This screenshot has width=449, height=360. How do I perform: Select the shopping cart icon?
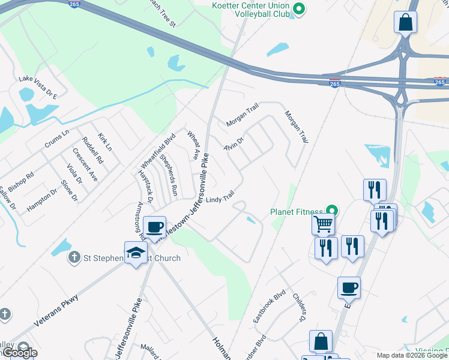click(323, 224)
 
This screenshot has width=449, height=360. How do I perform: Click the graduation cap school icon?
click(136, 253)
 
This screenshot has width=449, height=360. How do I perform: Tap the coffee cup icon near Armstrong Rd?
click(155, 227)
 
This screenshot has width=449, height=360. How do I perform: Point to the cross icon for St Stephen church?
click(74, 258)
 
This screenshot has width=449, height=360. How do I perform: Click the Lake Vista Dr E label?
click(37, 79)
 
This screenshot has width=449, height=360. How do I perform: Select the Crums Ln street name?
click(57, 140)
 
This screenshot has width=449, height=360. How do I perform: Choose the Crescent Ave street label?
click(85, 164)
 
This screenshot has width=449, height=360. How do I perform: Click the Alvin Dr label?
click(234, 144)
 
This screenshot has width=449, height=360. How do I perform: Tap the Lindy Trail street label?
click(219, 198)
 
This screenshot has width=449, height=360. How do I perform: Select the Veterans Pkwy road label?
click(56, 309)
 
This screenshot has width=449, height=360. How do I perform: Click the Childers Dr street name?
click(300, 305)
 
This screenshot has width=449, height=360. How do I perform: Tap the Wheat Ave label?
click(193, 145)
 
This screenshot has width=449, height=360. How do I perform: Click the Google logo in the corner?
click(19, 353)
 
